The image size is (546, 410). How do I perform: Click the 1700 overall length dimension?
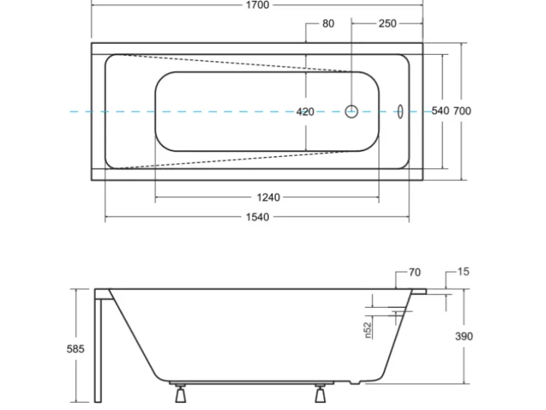coord(257,5)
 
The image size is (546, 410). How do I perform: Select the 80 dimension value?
coord(328,23)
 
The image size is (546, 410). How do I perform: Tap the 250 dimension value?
coord(387,23)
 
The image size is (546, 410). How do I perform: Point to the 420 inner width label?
coord(305,111)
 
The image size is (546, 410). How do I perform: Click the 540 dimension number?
coord(440,111)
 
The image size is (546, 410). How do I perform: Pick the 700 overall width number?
coord(462,111)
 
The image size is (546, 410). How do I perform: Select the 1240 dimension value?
coord(267,197)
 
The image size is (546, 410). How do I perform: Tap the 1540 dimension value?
coord(257,217)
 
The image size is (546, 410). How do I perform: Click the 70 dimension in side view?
coord(414,272)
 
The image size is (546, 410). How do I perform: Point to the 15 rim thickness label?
coord(463,272)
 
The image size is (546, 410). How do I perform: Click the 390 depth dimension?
coord(463,336)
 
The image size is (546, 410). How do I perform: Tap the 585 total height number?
coord(75,349)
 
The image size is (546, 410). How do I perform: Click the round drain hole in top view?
coord(352,111)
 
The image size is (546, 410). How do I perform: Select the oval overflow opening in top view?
coord(399,111)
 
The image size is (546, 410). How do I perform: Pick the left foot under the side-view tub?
coord(179,394)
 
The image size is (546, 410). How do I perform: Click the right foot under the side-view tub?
coord(320,394)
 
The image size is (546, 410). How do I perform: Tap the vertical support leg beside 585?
coord(99,348)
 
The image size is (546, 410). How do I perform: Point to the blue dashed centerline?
coord(213,111)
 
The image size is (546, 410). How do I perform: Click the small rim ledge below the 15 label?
coord(419,290)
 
